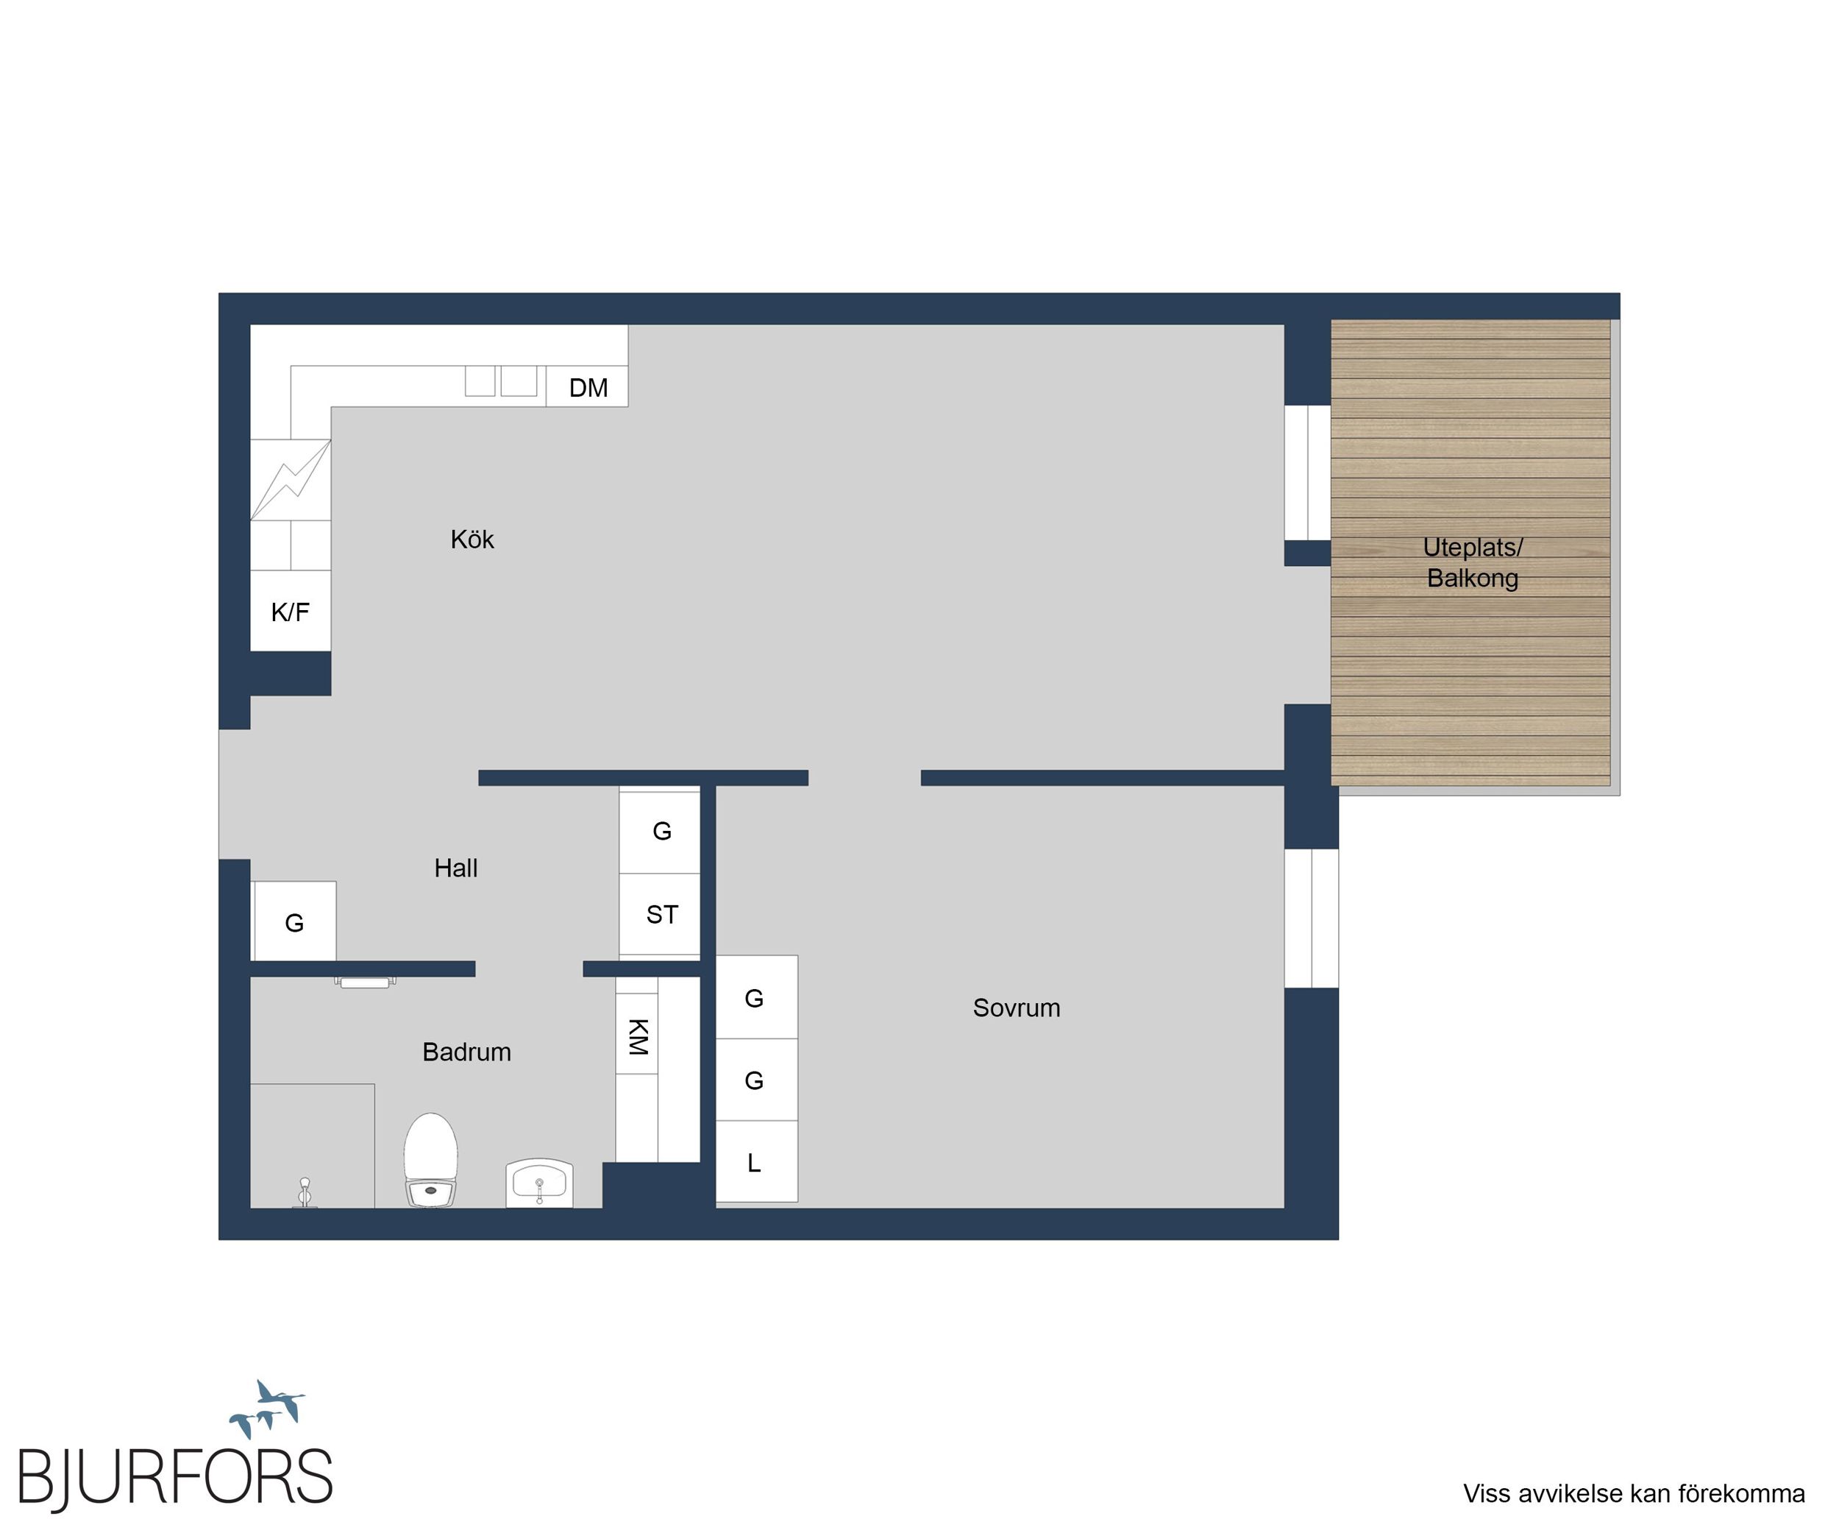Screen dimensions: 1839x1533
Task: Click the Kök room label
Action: [472, 539]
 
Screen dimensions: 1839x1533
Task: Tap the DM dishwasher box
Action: [587, 386]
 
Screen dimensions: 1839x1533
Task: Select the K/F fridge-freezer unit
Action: [291, 611]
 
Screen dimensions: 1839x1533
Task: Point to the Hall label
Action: [456, 868]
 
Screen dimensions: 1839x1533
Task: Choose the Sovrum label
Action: [1017, 1008]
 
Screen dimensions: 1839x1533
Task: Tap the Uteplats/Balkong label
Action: [1473, 562]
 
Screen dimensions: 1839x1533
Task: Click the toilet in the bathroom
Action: [431, 1160]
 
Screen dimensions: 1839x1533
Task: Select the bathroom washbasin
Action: [539, 1183]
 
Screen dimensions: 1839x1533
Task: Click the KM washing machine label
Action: [638, 1036]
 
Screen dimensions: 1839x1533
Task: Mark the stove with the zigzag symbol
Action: [291, 480]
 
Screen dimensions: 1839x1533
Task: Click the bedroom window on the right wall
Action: [1312, 918]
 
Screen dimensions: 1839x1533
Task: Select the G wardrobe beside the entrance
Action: [294, 921]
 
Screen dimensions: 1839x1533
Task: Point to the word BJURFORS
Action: [175, 1477]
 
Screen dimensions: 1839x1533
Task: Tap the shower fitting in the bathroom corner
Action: [305, 1193]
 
